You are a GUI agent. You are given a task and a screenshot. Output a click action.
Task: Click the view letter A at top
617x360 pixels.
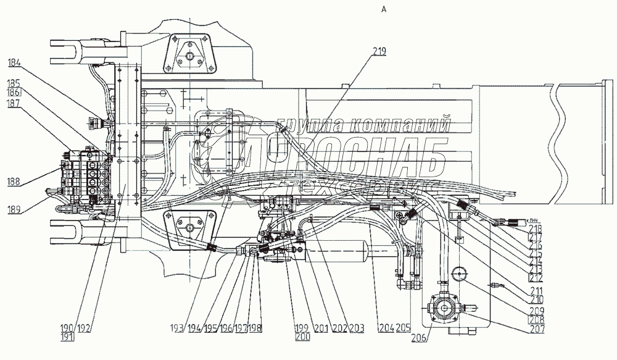point(384,9)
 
